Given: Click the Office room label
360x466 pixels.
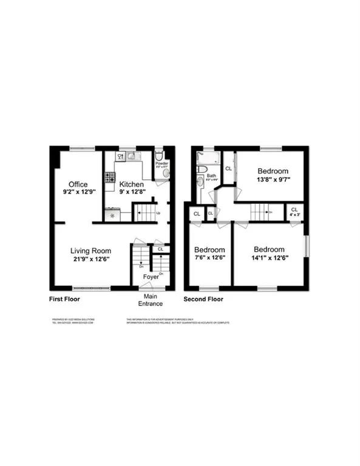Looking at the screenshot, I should click(77, 184).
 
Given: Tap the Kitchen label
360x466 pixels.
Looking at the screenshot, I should click(131, 184).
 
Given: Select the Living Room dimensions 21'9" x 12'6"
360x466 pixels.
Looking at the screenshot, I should click(89, 257).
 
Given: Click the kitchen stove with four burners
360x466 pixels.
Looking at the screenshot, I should click(111, 178).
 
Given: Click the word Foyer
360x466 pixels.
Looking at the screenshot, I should click(151, 277).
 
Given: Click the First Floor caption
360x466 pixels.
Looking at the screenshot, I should click(64, 299).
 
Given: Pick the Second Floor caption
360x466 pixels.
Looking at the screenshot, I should click(203, 299).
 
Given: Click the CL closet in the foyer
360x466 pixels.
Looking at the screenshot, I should click(160, 249).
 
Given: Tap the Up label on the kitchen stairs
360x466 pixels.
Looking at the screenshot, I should click(158, 213).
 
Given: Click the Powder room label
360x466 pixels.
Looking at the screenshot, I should click(162, 164).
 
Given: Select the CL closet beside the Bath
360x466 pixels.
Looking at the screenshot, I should click(229, 168).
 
